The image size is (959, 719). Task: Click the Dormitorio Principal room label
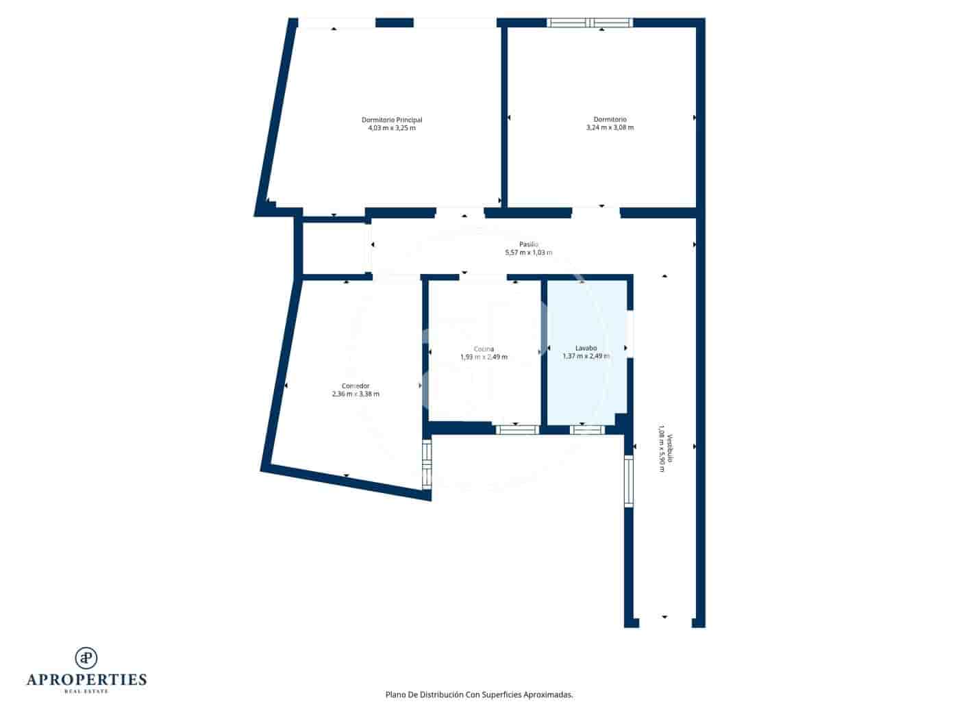pos(392,120)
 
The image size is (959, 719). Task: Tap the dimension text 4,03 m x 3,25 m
pos(392,128)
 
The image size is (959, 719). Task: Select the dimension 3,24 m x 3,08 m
pos(610,127)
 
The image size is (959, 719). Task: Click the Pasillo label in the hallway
pos(528,244)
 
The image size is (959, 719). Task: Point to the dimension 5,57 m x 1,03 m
pos(528,253)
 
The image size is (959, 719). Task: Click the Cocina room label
pos(484,349)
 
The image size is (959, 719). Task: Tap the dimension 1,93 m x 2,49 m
pos(484,357)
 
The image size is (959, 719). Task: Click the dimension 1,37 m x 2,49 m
pos(586,356)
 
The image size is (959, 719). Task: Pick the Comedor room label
pos(356,386)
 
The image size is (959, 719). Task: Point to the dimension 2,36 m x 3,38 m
pos(356,394)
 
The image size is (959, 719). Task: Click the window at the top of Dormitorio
pos(590,23)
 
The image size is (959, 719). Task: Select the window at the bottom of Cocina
pos(517,430)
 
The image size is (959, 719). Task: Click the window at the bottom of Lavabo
pos(587,430)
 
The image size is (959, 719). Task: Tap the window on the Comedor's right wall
pos(427,465)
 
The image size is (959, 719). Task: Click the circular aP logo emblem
pos(86,657)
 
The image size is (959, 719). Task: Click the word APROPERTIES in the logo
pos(86,680)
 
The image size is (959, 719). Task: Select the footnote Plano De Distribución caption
pos(479,694)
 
